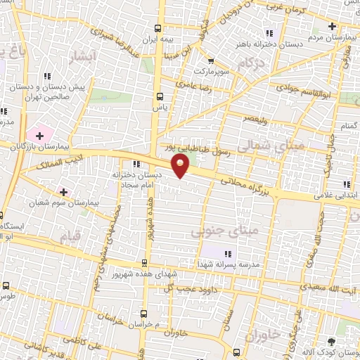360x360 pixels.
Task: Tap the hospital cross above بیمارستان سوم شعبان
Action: coord(64,191)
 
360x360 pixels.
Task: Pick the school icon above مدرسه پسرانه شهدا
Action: coord(226,254)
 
